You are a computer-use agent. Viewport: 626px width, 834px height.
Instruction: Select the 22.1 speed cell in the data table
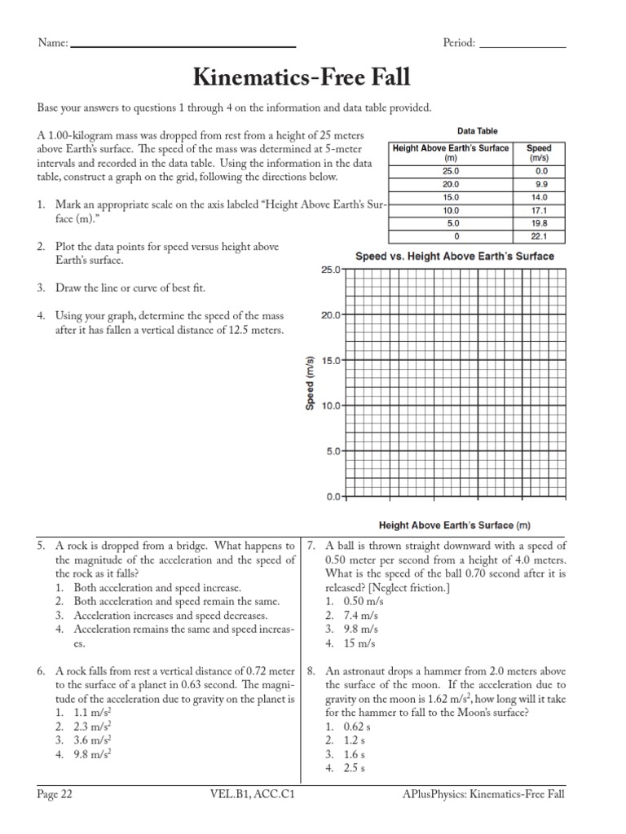tap(539, 237)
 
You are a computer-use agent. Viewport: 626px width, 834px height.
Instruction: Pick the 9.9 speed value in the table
tap(539, 184)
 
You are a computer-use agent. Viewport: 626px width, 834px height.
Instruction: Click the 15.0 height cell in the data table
tap(450, 197)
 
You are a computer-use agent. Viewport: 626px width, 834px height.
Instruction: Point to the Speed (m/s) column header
tap(539, 153)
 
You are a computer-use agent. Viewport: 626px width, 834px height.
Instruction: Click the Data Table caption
tap(477, 131)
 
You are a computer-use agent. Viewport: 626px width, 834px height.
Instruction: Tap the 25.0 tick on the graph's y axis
tap(328, 270)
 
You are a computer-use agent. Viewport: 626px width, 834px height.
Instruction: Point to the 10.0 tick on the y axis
tap(328, 406)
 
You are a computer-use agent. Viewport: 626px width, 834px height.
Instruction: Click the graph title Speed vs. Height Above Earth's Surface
tap(454, 256)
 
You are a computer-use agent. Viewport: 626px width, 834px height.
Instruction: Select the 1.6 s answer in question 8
tap(345, 754)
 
